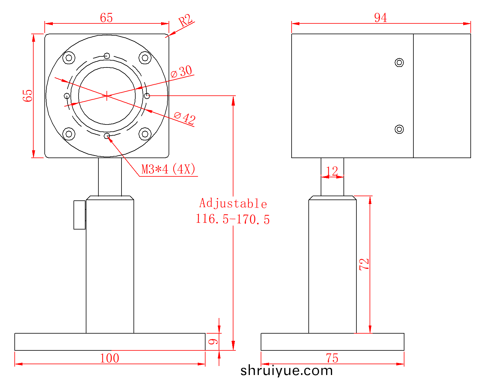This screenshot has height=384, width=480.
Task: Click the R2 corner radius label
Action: click(x=185, y=20)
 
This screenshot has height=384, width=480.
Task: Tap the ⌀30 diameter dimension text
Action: click(x=181, y=71)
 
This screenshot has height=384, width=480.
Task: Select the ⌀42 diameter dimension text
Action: click(x=185, y=118)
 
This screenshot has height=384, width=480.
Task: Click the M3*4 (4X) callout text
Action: click(x=168, y=169)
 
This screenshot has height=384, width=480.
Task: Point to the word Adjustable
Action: click(x=233, y=203)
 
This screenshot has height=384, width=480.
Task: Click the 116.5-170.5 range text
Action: click(x=233, y=219)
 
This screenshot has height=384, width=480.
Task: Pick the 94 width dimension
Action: click(x=380, y=17)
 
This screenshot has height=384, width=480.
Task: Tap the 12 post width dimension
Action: click(x=332, y=171)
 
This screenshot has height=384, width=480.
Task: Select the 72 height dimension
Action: click(x=364, y=264)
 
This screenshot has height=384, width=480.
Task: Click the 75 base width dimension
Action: click(x=332, y=358)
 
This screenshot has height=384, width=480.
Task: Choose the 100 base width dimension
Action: click(x=109, y=358)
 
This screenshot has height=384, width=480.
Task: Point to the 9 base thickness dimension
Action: click(x=213, y=342)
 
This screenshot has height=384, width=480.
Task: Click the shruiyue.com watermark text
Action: click(x=286, y=371)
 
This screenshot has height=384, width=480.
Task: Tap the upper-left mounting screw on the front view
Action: click(x=69, y=58)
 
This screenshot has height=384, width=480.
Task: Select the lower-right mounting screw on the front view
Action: click(x=145, y=134)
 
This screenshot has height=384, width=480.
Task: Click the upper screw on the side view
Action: click(x=399, y=62)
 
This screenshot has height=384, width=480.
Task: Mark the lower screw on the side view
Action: click(x=399, y=129)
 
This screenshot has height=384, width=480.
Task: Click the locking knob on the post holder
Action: click(x=79, y=215)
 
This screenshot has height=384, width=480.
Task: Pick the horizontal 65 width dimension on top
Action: click(x=106, y=18)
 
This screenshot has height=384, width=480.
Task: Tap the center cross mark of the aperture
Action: click(x=107, y=96)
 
